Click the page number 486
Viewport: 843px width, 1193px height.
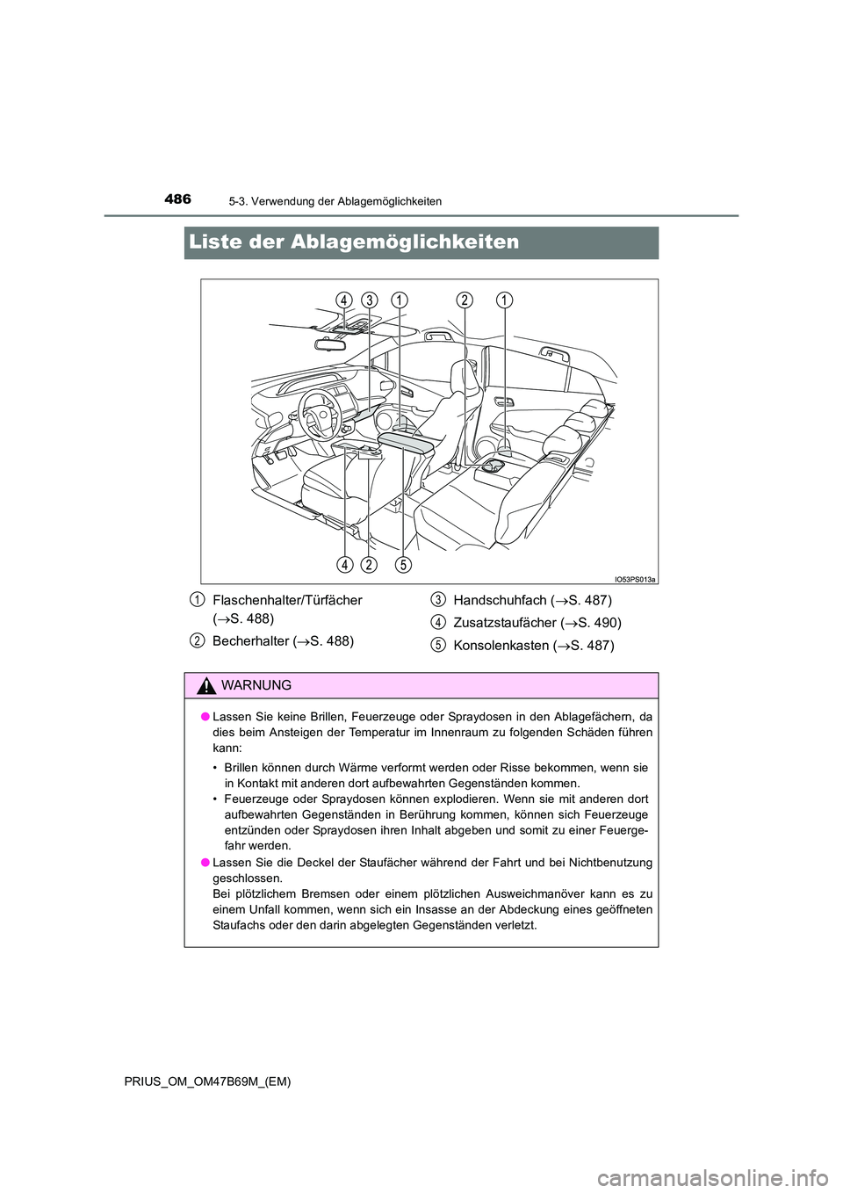click(x=177, y=199)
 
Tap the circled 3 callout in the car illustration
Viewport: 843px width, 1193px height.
click(x=369, y=300)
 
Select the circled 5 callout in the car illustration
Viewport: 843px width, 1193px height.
click(x=402, y=564)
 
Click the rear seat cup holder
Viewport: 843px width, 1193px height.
click(x=493, y=466)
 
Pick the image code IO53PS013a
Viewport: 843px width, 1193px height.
click(x=634, y=579)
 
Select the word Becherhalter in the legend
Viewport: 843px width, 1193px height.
click(x=250, y=641)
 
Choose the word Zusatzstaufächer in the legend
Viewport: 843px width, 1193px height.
click(x=504, y=623)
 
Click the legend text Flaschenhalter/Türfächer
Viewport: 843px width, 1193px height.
click(x=287, y=600)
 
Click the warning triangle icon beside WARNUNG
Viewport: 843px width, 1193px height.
click(x=207, y=686)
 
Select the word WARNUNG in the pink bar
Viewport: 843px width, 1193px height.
click(x=256, y=685)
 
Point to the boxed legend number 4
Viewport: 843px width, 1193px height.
click(x=437, y=623)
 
